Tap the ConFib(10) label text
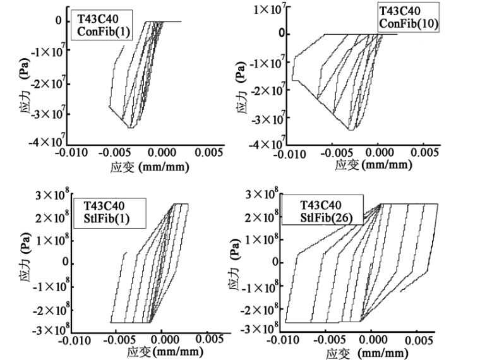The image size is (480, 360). coord(409,24)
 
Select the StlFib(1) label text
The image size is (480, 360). coord(111,220)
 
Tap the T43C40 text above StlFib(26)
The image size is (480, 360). coord(320,205)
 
